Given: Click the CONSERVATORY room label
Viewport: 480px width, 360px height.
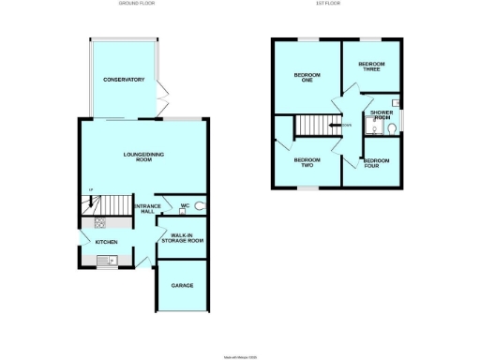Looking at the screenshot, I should click(124, 80).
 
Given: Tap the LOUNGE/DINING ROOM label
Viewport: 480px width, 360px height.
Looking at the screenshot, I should click(138, 157).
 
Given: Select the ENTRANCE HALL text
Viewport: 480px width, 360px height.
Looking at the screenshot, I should click(147, 210).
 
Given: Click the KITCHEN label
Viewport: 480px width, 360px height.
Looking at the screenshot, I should click(106, 241).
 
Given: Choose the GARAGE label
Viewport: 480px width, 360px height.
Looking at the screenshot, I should click(182, 285).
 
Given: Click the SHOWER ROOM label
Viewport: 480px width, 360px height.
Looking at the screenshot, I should click(381, 115).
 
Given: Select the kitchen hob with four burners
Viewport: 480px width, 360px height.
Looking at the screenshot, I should click(99, 223).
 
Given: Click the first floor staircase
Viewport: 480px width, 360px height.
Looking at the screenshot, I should click(316, 125).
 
